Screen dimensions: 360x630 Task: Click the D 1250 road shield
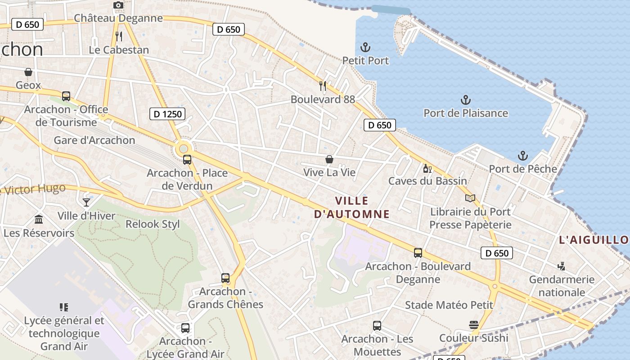point(167,114)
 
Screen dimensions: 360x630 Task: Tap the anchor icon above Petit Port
point(365,47)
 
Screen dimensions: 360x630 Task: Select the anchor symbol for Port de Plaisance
point(466,99)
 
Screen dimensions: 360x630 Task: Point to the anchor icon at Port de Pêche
point(522,156)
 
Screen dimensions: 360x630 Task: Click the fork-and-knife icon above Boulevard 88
point(323,85)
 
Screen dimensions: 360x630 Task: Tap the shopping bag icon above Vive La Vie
point(329,159)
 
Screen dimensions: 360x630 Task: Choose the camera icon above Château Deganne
point(118,5)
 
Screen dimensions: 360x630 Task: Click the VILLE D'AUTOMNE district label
point(352,207)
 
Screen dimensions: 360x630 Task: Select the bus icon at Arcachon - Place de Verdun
point(187,159)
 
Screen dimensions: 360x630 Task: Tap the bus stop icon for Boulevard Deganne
point(418,253)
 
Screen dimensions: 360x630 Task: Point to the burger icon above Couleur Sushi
point(473,325)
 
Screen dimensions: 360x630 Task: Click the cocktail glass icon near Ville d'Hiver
point(86,202)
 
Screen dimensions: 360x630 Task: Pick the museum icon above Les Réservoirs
point(39,220)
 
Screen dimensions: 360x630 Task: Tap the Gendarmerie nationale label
point(562,286)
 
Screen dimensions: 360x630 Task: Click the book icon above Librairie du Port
point(470,198)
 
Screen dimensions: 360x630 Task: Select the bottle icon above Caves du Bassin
point(427,169)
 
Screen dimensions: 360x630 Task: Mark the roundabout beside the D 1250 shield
point(183,148)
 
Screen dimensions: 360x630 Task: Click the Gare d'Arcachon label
point(94,140)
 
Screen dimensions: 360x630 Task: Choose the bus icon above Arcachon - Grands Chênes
point(225,278)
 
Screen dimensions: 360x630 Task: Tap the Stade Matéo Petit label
point(449,305)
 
